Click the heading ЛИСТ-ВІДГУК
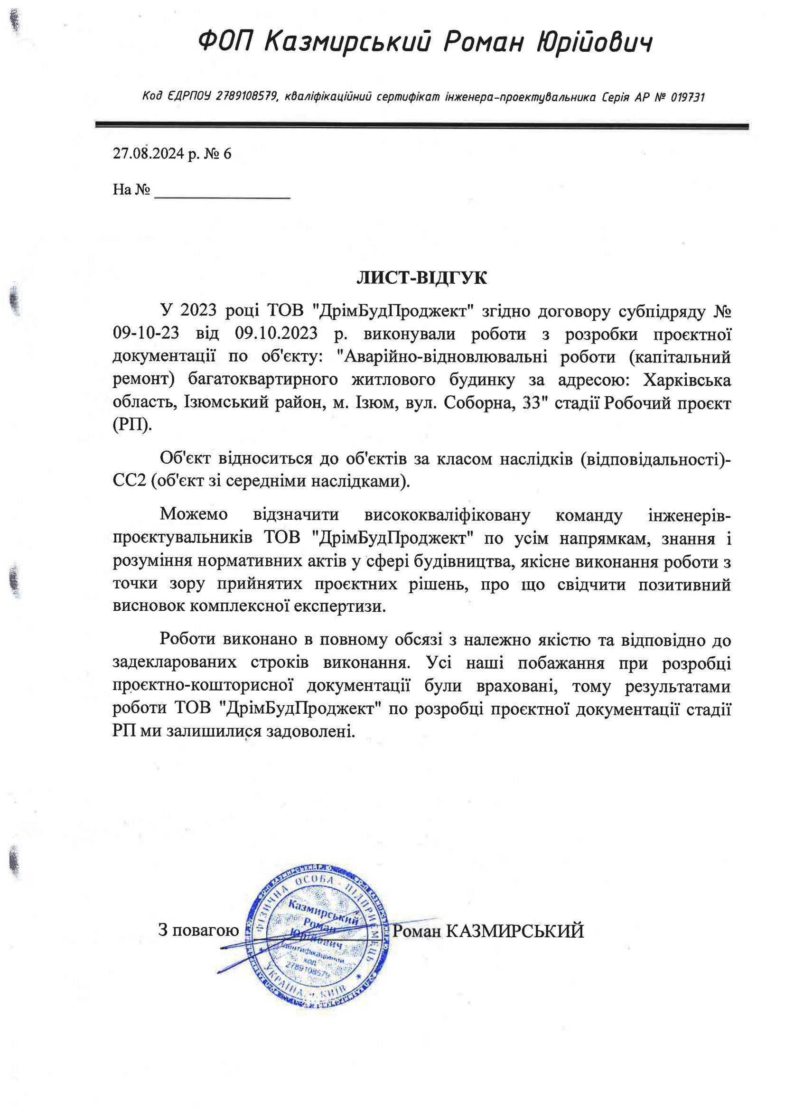point(421,278)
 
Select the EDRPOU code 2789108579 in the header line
point(246,97)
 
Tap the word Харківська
point(686,380)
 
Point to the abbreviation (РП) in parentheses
point(131,426)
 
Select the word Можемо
point(193,514)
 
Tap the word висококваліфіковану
point(447,514)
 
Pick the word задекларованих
point(175,662)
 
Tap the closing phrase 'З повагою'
point(199,930)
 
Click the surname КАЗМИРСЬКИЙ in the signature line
point(514,931)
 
